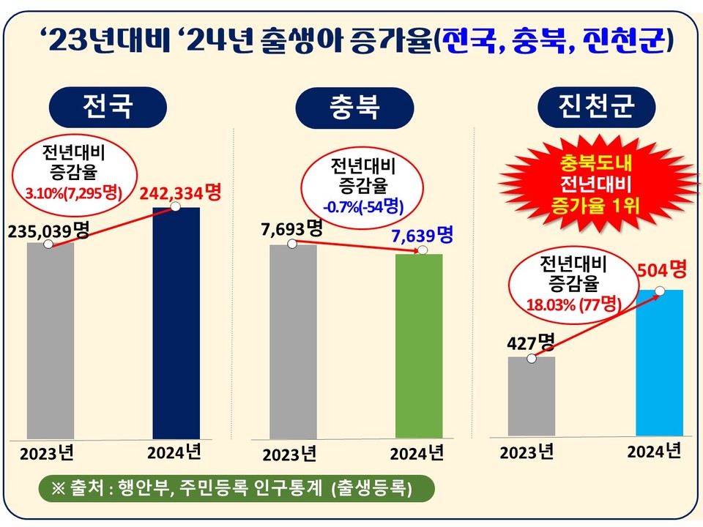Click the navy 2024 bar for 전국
[x=176, y=323]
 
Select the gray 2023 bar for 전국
[x=51, y=340]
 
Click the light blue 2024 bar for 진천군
[x=659, y=362]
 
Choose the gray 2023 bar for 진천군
[x=532, y=396]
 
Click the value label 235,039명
[x=48, y=231]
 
